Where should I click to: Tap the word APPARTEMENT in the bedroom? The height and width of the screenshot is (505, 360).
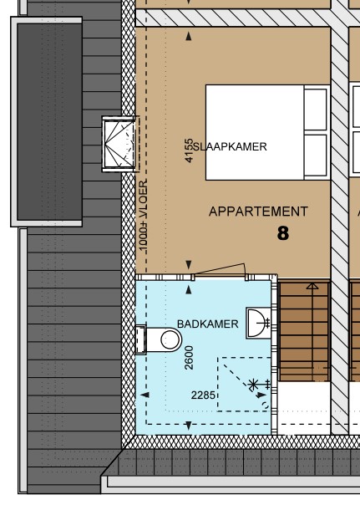(x=258, y=212)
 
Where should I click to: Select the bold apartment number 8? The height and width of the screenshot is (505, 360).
(x=283, y=233)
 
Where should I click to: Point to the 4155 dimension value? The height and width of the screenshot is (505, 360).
(x=190, y=150)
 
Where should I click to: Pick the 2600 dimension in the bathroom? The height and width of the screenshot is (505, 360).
(x=190, y=357)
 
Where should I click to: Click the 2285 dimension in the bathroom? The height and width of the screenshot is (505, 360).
(x=205, y=395)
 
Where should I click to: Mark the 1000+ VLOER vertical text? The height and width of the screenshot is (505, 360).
(x=143, y=215)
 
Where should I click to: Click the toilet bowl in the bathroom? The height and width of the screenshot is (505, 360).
(x=168, y=339)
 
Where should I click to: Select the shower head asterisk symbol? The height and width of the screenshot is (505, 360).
(x=254, y=385)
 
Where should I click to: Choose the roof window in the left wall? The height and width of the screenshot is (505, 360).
(x=117, y=143)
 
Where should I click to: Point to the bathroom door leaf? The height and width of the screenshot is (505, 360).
(x=219, y=270)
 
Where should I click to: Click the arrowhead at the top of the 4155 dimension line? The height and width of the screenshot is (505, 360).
(x=189, y=37)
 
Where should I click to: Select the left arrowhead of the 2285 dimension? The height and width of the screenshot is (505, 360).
(x=147, y=395)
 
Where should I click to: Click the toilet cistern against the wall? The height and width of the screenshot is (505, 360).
(x=140, y=339)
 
